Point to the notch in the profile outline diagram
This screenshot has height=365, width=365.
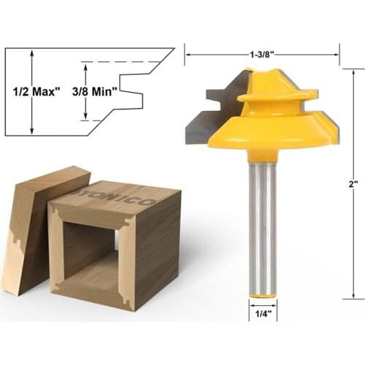[130, 93]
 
